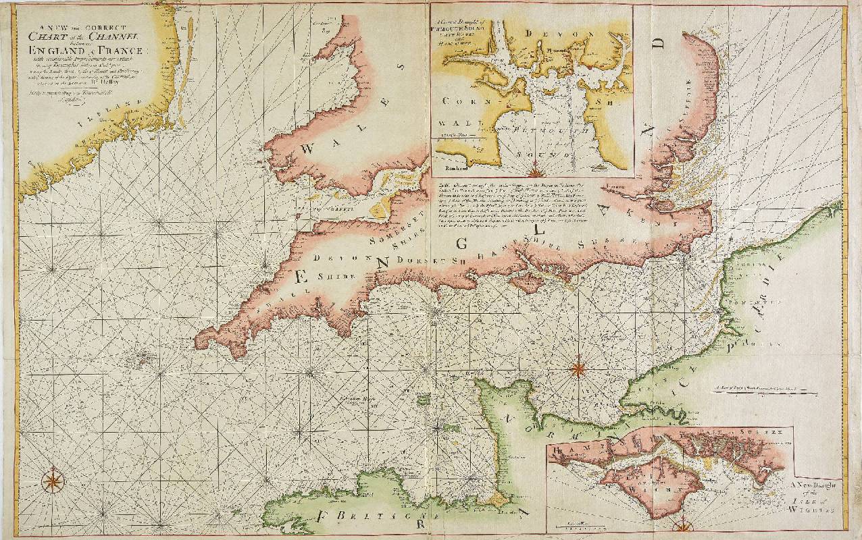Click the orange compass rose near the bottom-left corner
[52, 481]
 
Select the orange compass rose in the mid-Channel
[578, 369]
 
